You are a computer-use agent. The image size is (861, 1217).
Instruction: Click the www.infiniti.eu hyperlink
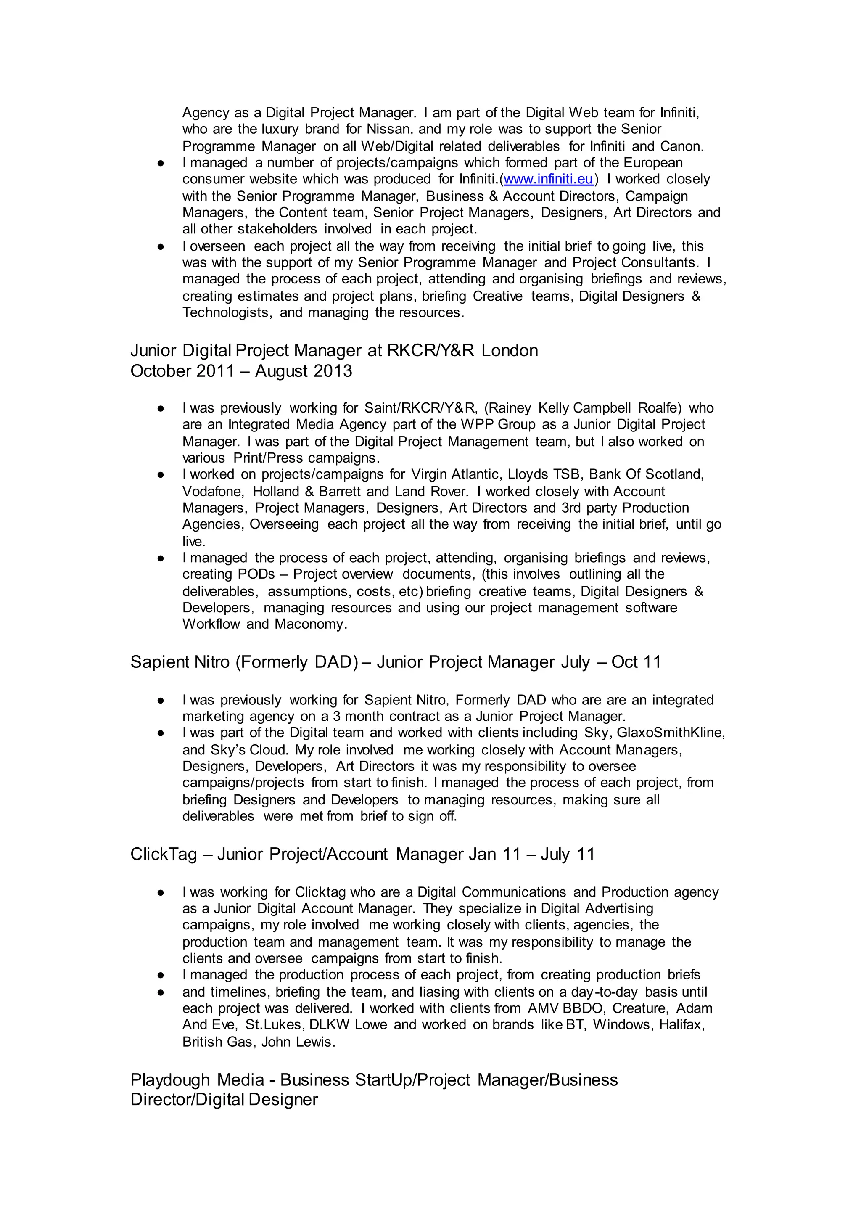click(x=548, y=179)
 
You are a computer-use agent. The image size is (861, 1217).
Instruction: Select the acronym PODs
click(x=256, y=574)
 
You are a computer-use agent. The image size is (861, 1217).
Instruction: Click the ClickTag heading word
click(x=163, y=854)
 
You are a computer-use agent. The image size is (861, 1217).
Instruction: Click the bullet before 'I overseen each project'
click(x=161, y=246)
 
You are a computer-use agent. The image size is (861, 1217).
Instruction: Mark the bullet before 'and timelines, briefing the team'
click(x=161, y=992)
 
